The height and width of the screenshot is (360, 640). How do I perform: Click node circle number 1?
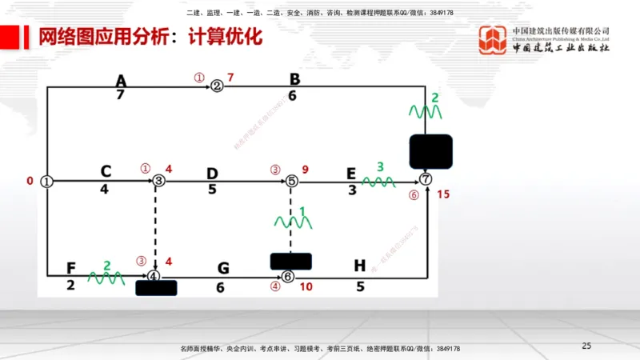(47, 182)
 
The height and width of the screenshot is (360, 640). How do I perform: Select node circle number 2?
(216, 86)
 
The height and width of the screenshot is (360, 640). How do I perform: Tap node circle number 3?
(159, 182)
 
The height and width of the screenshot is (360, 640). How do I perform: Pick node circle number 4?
(153, 276)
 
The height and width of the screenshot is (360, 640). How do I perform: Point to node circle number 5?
(291, 182)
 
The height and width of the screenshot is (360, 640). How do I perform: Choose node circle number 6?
(288, 277)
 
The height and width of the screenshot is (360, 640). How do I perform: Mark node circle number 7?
(426, 179)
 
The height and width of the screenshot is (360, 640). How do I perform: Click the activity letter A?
(121, 81)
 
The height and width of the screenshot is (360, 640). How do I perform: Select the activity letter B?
(294, 79)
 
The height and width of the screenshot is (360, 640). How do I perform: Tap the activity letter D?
(212, 174)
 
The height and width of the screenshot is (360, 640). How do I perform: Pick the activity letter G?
(222, 269)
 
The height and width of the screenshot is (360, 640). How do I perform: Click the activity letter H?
(359, 267)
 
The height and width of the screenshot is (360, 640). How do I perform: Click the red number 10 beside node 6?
(306, 286)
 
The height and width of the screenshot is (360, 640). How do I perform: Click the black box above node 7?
(430, 151)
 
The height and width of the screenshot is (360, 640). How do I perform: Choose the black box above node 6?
(291, 261)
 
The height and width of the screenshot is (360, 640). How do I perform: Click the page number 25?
(586, 346)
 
